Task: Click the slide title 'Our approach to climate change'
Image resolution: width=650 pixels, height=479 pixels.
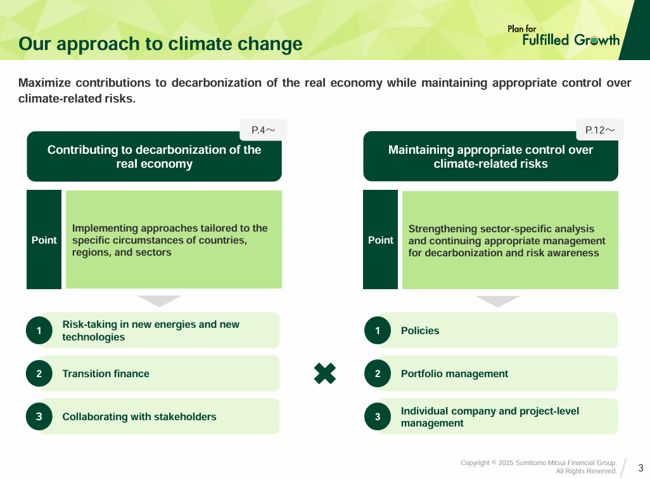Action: click(160, 44)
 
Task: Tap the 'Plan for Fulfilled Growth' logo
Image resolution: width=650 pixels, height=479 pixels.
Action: click(563, 35)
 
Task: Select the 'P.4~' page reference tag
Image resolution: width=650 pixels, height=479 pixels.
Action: click(264, 130)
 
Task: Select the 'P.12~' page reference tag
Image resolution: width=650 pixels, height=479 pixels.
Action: click(599, 130)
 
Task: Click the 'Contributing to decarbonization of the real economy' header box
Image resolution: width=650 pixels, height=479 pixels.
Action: click(154, 156)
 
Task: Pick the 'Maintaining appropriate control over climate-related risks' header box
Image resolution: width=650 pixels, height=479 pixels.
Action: click(490, 156)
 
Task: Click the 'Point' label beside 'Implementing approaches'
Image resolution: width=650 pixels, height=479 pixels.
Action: click(44, 240)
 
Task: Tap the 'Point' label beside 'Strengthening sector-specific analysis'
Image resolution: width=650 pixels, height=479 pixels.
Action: click(381, 240)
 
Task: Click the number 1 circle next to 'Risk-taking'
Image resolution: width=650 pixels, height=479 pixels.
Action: click(39, 330)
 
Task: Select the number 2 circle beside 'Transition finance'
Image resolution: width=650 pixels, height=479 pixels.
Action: click(39, 373)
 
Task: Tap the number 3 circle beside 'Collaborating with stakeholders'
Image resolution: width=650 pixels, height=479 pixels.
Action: click(39, 416)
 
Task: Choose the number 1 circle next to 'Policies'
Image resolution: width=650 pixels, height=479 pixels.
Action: click(378, 330)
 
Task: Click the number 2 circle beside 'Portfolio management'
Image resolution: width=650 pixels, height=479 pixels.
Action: click(378, 373)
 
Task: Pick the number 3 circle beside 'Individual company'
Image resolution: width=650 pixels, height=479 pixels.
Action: click(378, 416)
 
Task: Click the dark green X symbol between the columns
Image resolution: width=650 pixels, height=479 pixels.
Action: click(325, 373)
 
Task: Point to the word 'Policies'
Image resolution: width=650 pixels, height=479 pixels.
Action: click(420, 330)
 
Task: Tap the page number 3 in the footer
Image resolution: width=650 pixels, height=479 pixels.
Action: click(641, 468)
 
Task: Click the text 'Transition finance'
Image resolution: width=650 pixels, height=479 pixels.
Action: click(106, 373)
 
